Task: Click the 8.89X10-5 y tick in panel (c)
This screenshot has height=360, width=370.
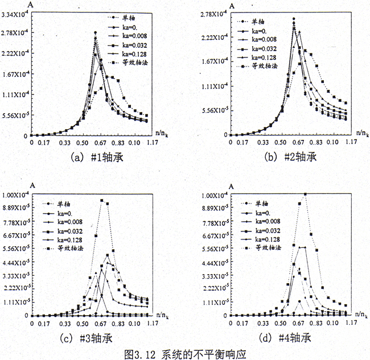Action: pos(15,209)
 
